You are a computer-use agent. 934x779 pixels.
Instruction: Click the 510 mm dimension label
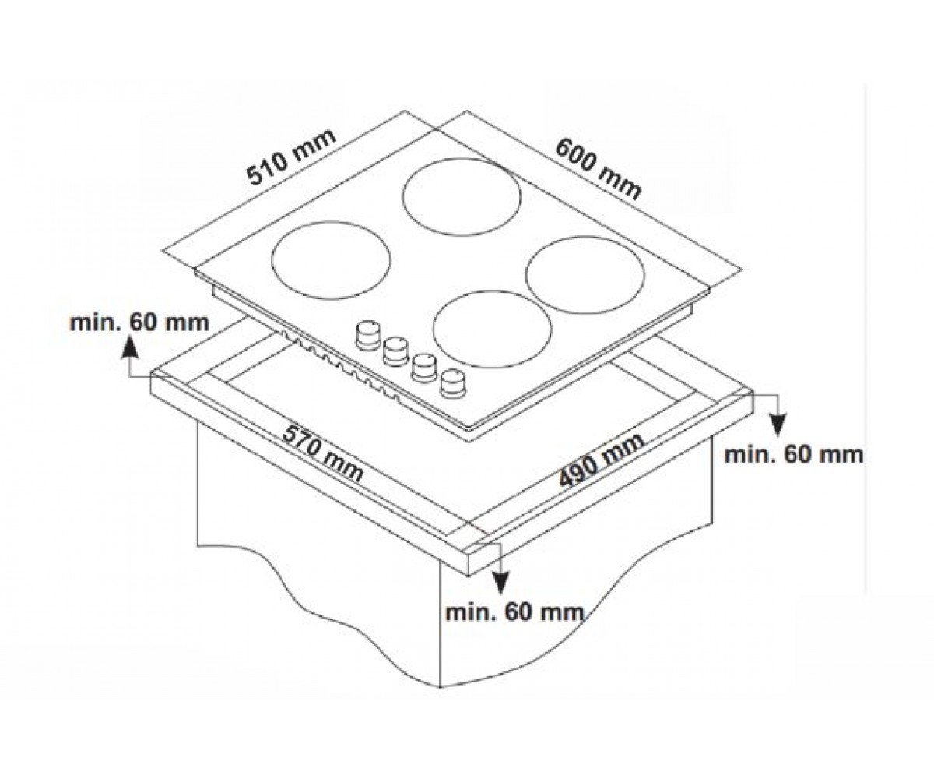point(291,157)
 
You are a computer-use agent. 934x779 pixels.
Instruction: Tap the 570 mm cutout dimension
point(323,454)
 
